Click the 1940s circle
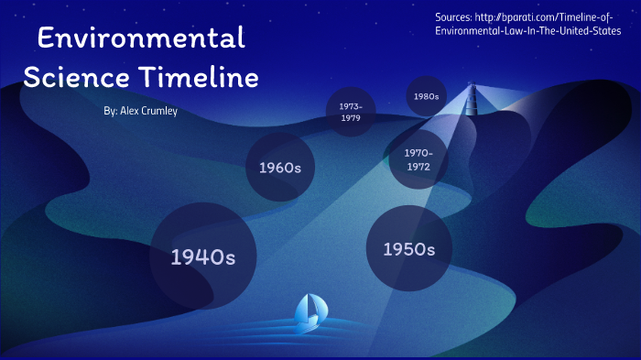point(202,256)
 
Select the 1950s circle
point(408,249)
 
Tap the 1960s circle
point(280,168)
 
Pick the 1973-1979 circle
point(351,112)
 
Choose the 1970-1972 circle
point(418,159)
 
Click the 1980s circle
point(426,96)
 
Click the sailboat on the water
point(308,314)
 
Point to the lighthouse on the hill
point(473,110)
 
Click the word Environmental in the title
point(142,38)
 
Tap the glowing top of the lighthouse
point(473,89)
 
